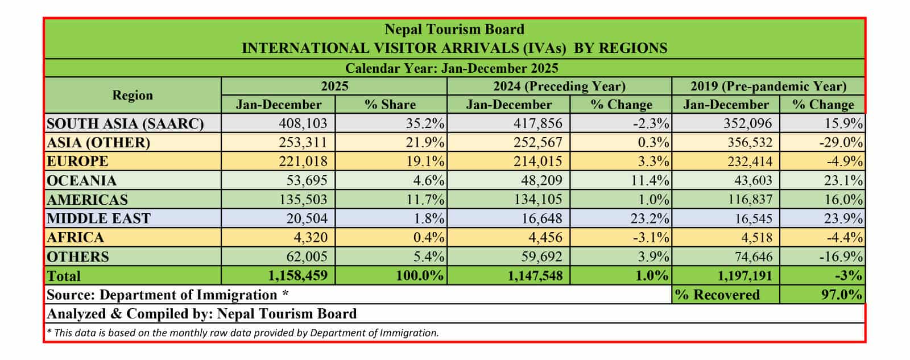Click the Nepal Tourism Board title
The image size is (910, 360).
(x=454, y=30)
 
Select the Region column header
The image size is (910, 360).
(x=132, y=96)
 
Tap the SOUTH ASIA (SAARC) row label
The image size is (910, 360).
(x=125, y=123)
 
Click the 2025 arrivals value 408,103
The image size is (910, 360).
(x=303, y=123)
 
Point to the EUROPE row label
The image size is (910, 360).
(x=77, y=162)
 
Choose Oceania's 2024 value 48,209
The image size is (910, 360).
(x=537, y=181)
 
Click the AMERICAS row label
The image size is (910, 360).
(x=87, y=200)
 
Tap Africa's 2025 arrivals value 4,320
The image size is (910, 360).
(x=311, y=238)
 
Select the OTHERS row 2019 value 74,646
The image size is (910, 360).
(x=751, y=256)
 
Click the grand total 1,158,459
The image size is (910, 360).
(x=297, y=276)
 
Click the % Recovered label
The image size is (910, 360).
(x=717, y=295)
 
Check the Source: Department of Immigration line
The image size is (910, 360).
(x=167, y=295)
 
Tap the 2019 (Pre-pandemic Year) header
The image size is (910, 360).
(x=768, y=86)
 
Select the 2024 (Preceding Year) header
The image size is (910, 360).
(x=559, y=86)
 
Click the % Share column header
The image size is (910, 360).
(x=390, y=105)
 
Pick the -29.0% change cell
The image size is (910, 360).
(x=841, y=142)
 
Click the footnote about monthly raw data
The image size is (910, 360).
(x=243, y=333)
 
